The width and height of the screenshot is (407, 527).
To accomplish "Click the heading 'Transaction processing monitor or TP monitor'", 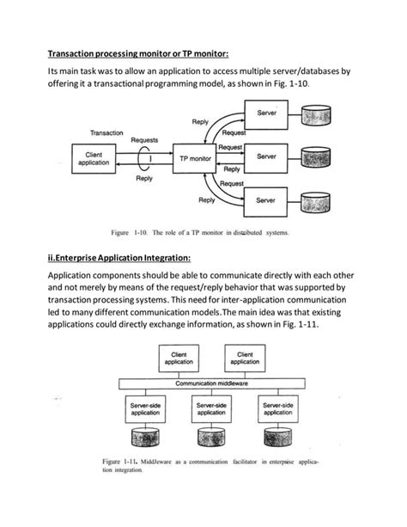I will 137,52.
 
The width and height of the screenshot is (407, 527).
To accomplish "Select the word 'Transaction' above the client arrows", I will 112,132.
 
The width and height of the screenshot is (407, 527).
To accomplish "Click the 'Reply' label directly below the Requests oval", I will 144,179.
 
